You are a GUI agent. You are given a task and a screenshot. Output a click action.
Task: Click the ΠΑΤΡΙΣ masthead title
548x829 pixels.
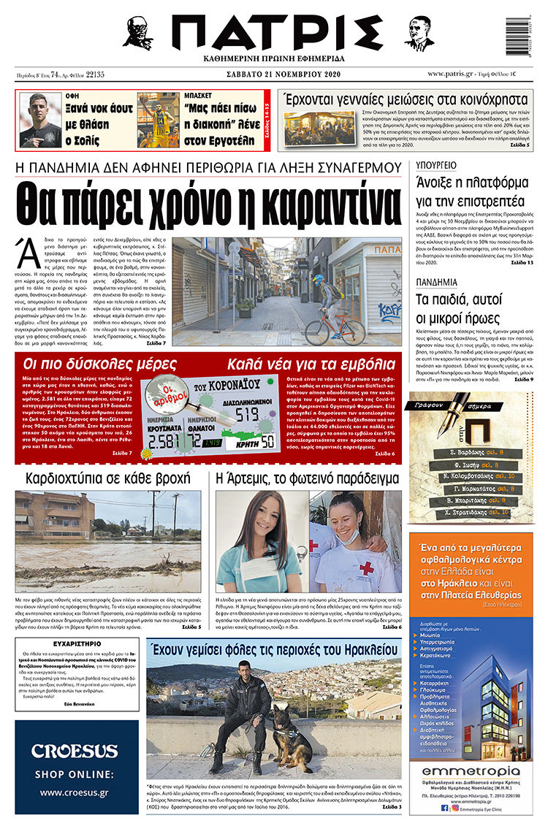point(274,33)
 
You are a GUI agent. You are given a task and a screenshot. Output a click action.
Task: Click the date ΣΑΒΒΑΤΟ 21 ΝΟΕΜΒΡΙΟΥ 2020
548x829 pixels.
point(274,75)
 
